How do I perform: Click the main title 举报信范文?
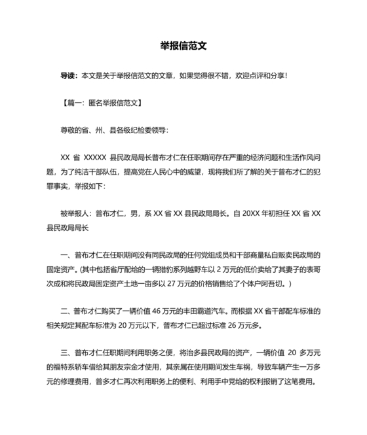(183, 46)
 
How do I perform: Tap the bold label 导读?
(68, 76)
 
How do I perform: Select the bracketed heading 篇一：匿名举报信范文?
(100, 103)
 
